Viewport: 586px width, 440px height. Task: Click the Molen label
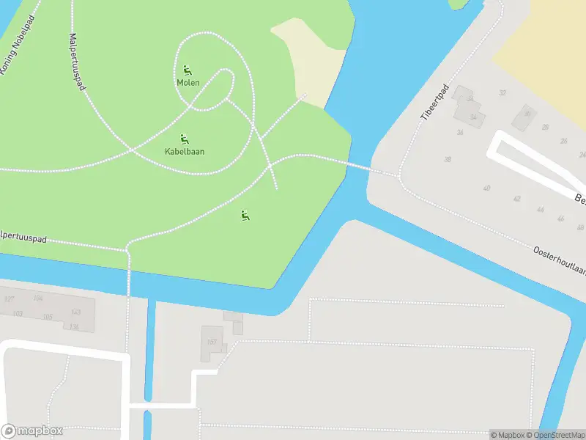click(x=188, y=83)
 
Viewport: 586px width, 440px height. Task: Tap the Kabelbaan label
click(x=185, y=152)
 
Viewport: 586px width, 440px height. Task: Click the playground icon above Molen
click(x=188, y=70)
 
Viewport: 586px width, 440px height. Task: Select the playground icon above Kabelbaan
click(x=184, y=139)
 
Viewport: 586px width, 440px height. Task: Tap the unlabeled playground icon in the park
click(x=245, y=216)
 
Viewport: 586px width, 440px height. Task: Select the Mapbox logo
click(x=32, y=430)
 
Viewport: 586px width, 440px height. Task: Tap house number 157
click(x=212, y=342)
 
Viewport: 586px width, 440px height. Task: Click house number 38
click(x=447, y=159)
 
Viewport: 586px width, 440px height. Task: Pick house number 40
click(x=486, y=188)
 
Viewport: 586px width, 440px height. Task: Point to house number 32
click(x=502, y=93)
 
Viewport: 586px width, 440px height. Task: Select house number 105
click(x=48, y=317)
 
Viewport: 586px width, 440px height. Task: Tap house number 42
click(x=516, y=199)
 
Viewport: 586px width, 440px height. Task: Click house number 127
click(x=9, y=299)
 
